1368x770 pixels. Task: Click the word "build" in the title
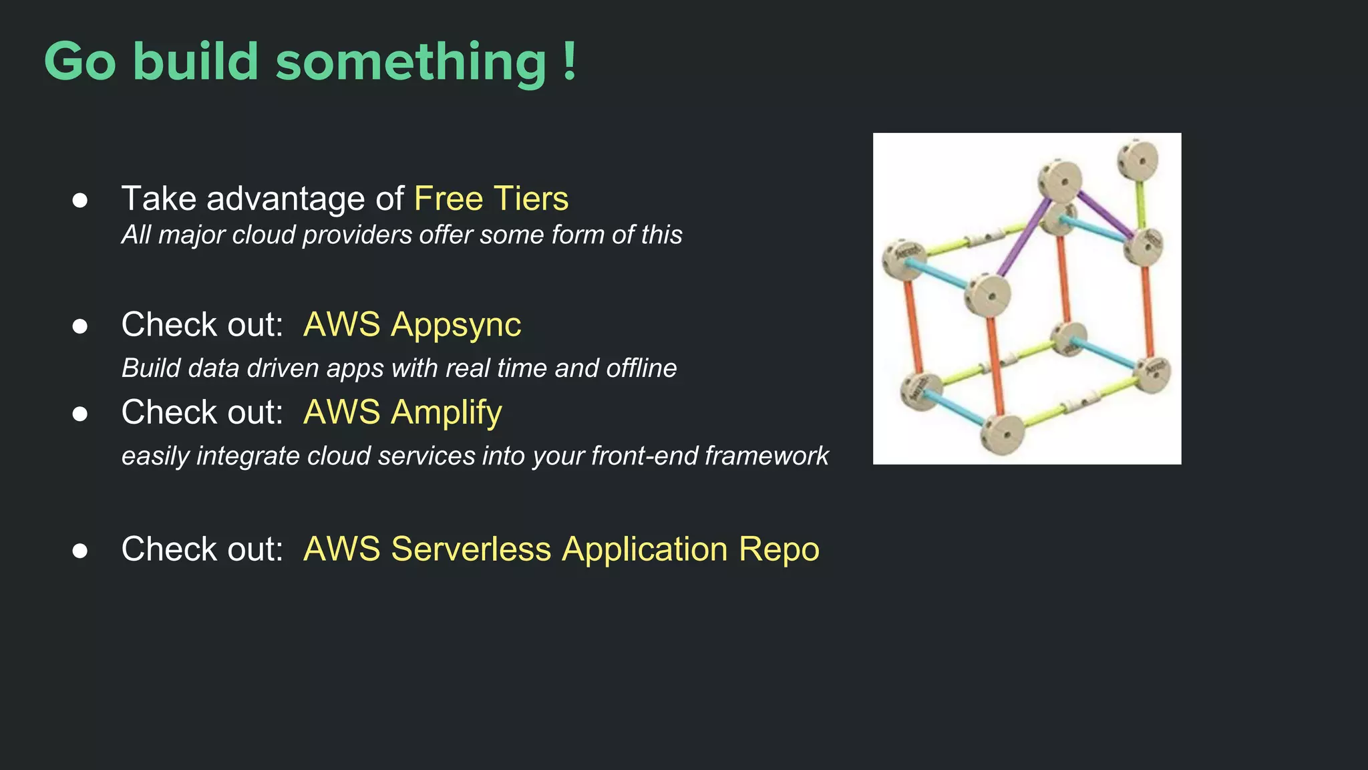coord(195,61)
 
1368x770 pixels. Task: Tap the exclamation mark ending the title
coord(569,61)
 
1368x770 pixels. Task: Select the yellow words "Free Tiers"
coord(491,199)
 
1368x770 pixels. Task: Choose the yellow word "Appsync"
coord(456,325)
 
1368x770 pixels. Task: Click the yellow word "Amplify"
coord(446,412)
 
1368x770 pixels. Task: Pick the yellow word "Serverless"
coord(471,549)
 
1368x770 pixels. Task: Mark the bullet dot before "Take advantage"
coord(80,200)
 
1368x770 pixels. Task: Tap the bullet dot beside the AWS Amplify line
coord(80,414)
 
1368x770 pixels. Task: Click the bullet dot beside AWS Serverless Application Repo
coord(80,551)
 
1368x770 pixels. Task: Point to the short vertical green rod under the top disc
coord(1140,204)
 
